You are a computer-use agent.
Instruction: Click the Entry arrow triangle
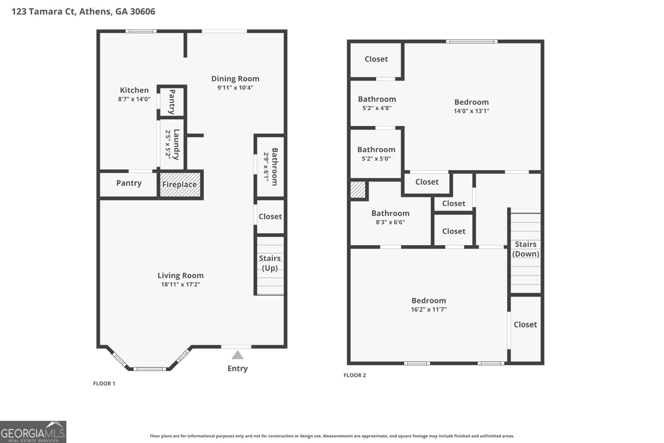pyautogui.click(x=237, y=355)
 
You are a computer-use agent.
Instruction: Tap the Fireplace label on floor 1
pyautogui.click(x=179, y=184)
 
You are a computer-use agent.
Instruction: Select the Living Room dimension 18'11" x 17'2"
pyautogui.click(x=181, y=284)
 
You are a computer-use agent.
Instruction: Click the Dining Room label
pyautogui.click(x=235, y=78)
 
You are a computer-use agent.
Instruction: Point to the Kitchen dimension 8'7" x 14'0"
pyautogui.click(x=134, y=99)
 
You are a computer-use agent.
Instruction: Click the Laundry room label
pyautogui.click(x=176, y=144)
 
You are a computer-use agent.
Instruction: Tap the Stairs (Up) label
pyautogui.click(x=270, y=263)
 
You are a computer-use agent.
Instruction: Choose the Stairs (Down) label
pyautogui.click(x=525, y=249)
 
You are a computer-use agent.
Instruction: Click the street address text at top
pyautogui.click(x=83, y=11)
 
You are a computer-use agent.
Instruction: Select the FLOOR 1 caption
pyautogui.click(x=104, y=383)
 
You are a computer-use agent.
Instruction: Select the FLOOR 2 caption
pyautogui.click(x=355, y=375)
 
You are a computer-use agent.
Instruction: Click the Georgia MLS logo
pyautogui.click(x=33, y=432)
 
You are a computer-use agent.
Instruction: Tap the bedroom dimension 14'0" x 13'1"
pyautogui.click(x=471, y=111)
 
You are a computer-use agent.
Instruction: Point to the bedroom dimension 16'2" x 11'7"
pyautogui.click(x=429, y=309)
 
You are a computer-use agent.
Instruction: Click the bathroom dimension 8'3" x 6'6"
pyautogui.click(x=390, y=222)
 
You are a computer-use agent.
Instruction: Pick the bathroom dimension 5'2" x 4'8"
pyautogui.click(x=377, y=108)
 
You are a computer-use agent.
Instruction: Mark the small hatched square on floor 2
pyautogui.click(x=358, y=189)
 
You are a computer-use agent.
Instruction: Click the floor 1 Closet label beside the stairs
pyautogui.click(x=270, y=216)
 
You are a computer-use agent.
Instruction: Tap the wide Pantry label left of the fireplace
pyautogui.click(x=129, y=183)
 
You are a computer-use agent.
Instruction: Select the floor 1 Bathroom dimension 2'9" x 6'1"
pyautogui.click(x=266, y=166)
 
